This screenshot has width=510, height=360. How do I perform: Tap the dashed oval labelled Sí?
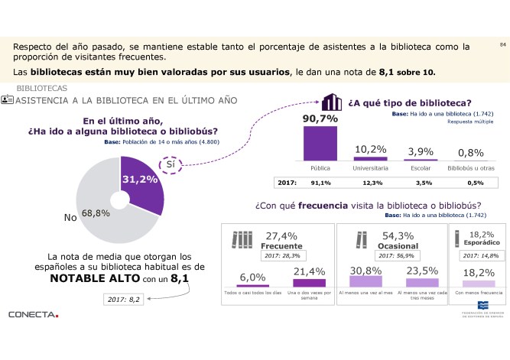(173, 164)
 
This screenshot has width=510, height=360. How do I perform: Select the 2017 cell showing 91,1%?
(320, 183)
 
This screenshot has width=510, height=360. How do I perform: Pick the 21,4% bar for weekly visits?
(304, 282)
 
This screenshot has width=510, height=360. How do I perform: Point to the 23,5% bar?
(422, 282)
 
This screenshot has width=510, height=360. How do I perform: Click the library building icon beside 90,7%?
(330, 103)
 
